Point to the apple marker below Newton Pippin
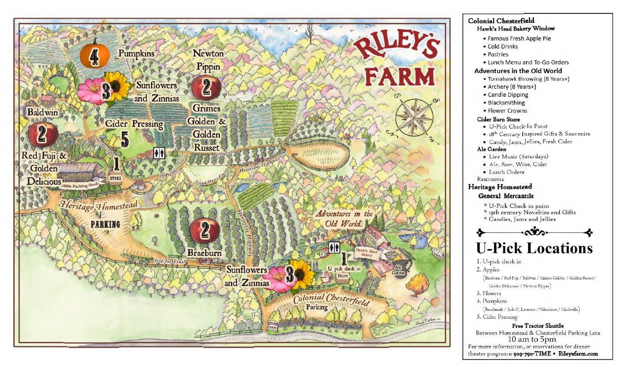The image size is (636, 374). pos(206,87)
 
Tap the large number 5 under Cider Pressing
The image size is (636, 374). pos(125,139)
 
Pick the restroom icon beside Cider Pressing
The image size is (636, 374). pos(159,153)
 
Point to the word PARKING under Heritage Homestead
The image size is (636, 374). pos(106,224)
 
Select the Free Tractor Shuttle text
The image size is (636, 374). pos(537,326)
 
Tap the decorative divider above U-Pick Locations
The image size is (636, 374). pos(535,232)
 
